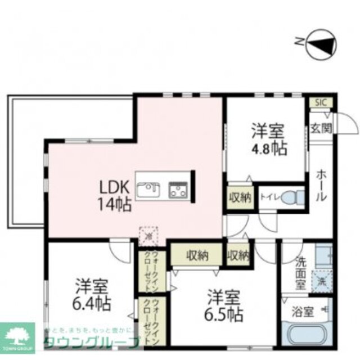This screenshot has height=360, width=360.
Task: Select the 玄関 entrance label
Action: click(x=321, y=129)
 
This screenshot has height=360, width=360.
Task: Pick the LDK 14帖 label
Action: click(x=116, y=195)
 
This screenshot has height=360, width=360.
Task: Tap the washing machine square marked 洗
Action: click(x=322, y=280)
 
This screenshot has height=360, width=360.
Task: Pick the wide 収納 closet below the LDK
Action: click(x=197, y=255)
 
